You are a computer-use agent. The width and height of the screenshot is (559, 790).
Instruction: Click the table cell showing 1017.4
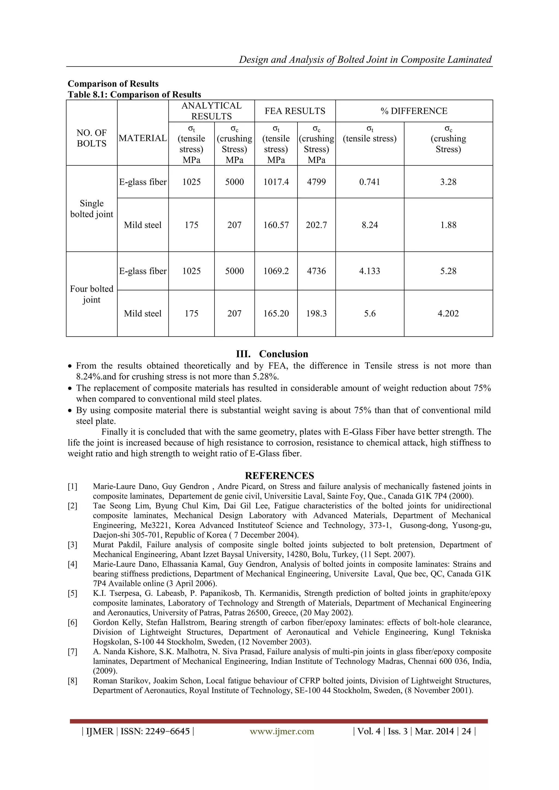pos(276,182)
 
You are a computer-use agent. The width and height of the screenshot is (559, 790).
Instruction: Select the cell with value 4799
pos(316,182)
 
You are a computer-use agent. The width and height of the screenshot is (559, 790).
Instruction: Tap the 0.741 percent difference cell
pos(369,182)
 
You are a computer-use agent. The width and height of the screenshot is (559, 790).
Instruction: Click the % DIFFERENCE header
pos(414,111)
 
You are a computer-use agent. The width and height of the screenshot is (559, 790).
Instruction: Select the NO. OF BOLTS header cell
pos(91,138)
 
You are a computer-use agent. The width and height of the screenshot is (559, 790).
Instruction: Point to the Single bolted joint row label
pos(91,208)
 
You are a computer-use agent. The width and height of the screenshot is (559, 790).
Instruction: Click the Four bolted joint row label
pos(91,294)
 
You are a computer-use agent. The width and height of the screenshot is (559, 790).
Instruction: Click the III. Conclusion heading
pos(272,354)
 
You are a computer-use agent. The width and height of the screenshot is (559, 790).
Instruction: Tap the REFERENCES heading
pos(279,476)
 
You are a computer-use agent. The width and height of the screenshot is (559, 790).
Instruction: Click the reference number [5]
pos(72,593)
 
